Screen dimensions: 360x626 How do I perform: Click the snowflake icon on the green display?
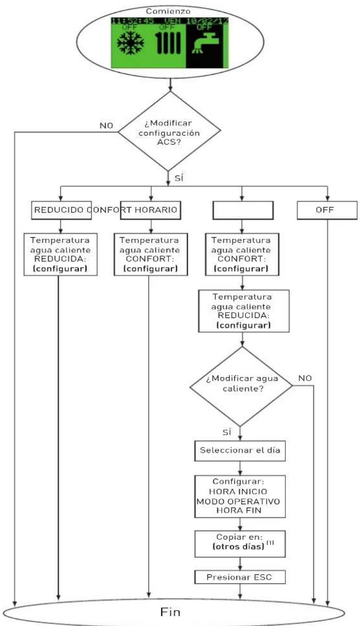coord(130,43)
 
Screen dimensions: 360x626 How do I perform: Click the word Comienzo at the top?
coord(168,11)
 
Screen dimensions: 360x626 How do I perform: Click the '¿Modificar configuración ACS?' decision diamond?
coord(169,131)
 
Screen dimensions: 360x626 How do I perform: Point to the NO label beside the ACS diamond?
coord(106,126)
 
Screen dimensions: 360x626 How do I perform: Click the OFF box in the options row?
coord(327,210)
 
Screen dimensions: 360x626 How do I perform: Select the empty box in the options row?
coord(243,210)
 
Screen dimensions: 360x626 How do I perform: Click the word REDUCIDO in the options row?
coord(59,210)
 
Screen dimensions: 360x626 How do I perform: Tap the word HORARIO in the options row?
coord(156,210)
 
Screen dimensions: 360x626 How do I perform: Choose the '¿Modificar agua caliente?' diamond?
coord(241,386)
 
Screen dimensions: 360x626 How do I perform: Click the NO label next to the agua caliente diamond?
coord(305,378)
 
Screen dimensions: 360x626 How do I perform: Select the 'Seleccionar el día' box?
coord(240,451)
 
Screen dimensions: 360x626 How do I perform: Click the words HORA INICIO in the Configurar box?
coord(238,491)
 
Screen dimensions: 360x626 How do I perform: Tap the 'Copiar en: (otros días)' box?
coord(240,544)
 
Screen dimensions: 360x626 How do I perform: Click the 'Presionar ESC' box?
coord(240,577)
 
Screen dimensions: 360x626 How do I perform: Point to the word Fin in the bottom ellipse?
coord(170,612)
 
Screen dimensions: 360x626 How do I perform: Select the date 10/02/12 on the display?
coord(207,21)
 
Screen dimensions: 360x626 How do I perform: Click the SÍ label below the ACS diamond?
coord(179,178)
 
